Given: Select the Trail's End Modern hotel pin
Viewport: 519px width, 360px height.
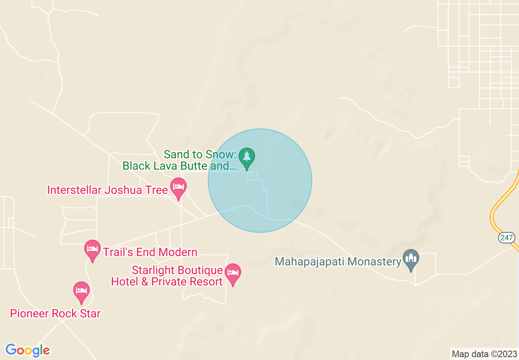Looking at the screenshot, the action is [x=93, y=250].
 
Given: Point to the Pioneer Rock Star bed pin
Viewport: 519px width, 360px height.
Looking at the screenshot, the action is [x=81, y=291].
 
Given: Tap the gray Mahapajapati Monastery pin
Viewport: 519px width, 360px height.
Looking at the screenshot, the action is [x=411, y=259].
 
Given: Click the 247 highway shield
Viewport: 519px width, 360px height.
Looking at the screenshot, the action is [x=506, y=237].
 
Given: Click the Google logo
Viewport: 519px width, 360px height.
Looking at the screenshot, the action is [x=27, y=350].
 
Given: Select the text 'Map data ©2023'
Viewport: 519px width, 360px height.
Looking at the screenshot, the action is [x=484, y=354].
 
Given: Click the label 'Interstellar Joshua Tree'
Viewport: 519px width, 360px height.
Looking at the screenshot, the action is [x=108, y=190].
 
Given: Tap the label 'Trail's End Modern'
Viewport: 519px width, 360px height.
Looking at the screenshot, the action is [x=150, y=252].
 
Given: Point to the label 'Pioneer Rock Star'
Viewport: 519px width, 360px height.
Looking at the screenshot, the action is [x=55, y=314].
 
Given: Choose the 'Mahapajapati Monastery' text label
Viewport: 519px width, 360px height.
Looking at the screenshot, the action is [x=338, y=261].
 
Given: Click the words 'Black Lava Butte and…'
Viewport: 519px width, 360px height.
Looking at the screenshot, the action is [x=180, y=166].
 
